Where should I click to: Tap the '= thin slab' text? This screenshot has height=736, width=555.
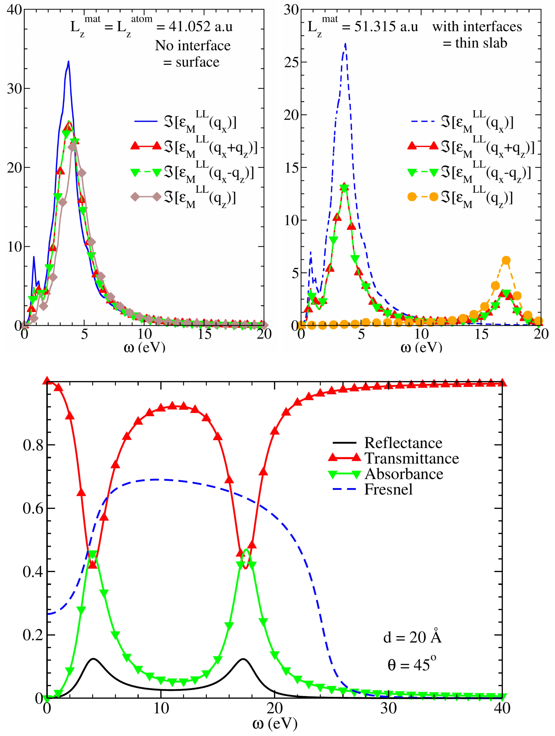(x=475, y=43)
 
